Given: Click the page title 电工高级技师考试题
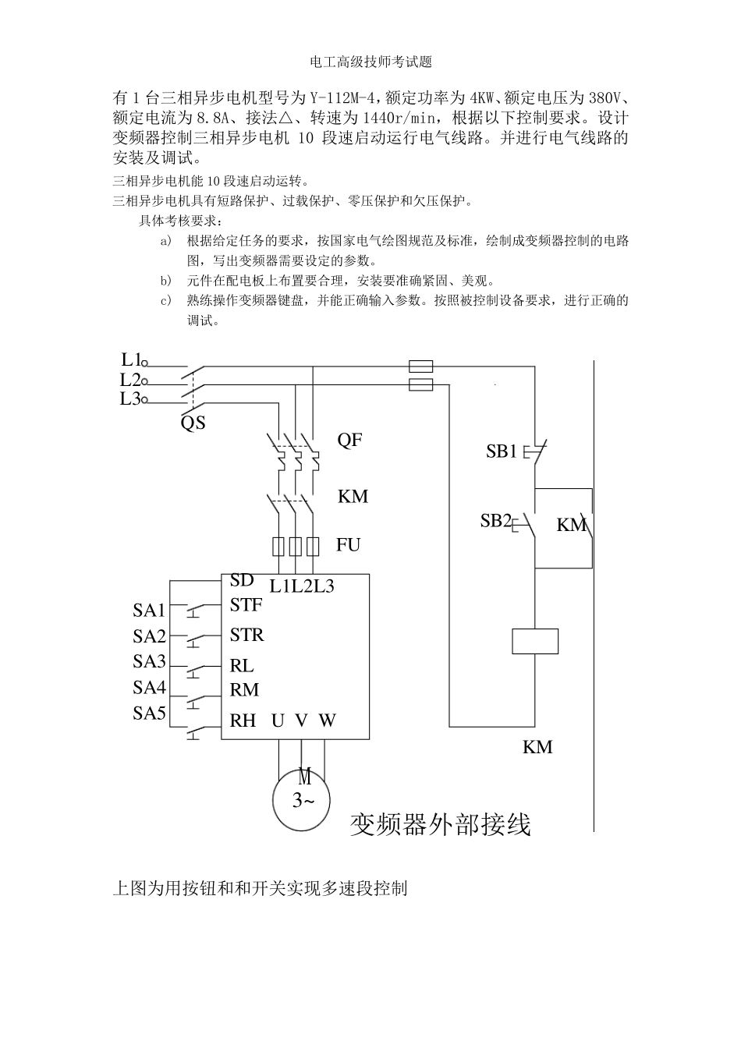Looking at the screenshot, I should click(370, 62).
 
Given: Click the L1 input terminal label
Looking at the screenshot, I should click(130, 359).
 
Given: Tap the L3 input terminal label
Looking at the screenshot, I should click(130, 399).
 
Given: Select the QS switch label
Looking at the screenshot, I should click(193, 423).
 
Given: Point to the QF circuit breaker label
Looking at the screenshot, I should click(349, 440).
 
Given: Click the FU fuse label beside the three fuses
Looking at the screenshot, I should click(348, 545).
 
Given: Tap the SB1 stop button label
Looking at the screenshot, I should click(502, 451).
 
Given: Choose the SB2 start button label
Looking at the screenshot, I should click(495, 521).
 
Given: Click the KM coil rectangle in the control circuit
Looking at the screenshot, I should click(535, 641).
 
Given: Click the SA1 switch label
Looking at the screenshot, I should click(149, 611).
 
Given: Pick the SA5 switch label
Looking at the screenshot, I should click(149, 713).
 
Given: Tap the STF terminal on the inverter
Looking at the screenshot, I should click(246, 605).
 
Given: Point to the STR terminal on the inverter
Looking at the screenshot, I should click(246, 636).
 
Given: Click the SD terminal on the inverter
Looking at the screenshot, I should click(242, 581).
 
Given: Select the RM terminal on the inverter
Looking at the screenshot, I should click(244, 690).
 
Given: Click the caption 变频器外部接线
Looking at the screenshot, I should click(440, 824).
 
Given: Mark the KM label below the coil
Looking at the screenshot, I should click(537, 747).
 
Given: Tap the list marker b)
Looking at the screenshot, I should click(165, 281).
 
